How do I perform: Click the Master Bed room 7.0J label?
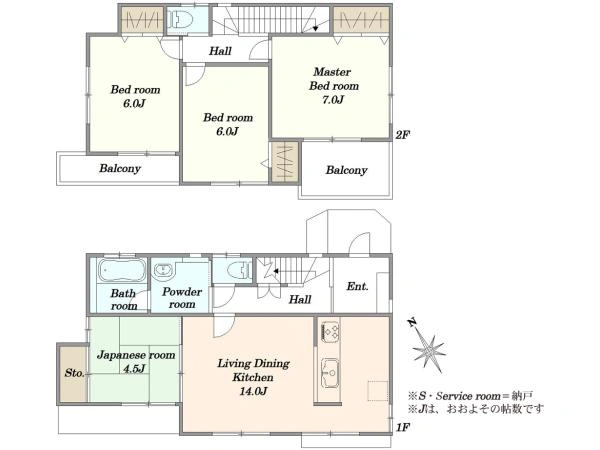(334, 86)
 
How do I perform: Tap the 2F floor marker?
(403, 135)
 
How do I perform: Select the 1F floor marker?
(403, 427)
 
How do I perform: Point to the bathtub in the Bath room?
(122, 270)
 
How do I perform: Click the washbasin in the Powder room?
(164, 270)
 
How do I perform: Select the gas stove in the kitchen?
(330, 331)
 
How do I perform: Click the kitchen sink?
(329, 372)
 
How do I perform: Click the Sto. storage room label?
(74, 373)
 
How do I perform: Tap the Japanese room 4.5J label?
(135, 362)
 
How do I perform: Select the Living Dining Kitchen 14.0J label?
(253, 377)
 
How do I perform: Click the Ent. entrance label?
(357, 286)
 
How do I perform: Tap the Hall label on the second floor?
(220, 51)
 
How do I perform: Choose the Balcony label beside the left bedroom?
(120, 168)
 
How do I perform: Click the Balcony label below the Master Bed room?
(346, 170)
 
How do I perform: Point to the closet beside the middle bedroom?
(285, 161)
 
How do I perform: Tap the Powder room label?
(182, 298)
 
